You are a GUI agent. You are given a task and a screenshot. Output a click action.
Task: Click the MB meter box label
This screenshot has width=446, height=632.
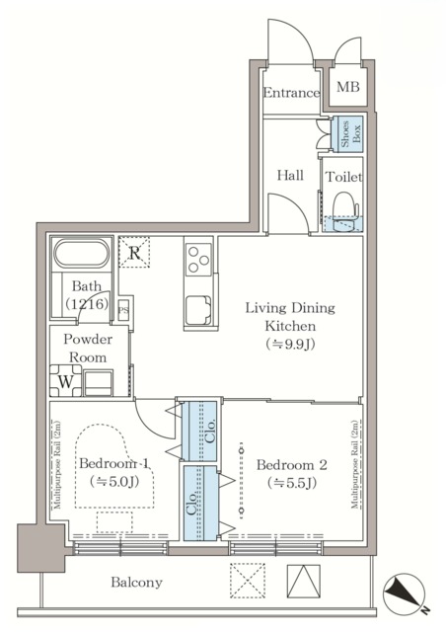(347, 86)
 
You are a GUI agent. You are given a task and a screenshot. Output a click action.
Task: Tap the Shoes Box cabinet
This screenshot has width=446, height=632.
(347, 134)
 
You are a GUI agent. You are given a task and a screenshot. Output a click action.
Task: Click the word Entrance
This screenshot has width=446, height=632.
(291, 93)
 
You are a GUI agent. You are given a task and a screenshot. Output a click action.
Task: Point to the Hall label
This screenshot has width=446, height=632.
(290, 175)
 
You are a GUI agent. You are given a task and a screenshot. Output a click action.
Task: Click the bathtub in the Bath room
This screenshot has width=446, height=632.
(82, 254)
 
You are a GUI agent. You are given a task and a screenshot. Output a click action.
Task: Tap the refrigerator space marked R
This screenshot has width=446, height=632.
(134, 253)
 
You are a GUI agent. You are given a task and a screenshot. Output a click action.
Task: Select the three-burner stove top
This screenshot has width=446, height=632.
(198, 260)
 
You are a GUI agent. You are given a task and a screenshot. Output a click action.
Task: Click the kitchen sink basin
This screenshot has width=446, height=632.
(198, 310)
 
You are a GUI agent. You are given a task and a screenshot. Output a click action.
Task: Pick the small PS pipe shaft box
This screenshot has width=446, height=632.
(124, 310)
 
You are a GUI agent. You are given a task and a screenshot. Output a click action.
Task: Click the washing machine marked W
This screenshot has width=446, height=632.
(66, 380)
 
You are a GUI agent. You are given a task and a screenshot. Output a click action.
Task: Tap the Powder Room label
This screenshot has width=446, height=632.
(88, 349)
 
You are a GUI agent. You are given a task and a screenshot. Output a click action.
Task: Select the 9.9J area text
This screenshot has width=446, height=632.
(290, 344)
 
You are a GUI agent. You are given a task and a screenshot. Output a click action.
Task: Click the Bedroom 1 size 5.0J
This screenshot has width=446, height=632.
(114, 481)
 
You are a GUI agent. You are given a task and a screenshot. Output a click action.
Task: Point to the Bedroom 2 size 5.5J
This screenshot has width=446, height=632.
(292, 483)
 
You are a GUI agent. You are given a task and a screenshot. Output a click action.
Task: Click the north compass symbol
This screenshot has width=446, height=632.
(404, 594)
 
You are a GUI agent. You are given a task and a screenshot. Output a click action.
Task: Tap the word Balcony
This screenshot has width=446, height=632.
(136, 582)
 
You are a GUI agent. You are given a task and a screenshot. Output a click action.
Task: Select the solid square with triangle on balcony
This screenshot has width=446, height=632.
(303, 581)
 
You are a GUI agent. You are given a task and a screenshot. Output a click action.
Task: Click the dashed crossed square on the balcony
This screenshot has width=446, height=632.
(248, 581)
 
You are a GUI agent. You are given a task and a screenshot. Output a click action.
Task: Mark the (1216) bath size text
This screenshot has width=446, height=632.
(87, 303)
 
